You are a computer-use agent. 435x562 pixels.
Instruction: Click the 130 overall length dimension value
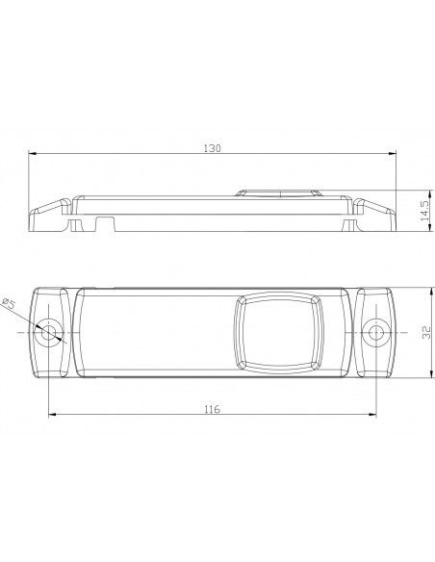(212, 148)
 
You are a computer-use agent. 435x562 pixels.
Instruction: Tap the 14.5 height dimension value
(425, 211)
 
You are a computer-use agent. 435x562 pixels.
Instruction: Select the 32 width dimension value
(426, 332)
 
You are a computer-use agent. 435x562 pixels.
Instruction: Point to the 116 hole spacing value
(212, 409)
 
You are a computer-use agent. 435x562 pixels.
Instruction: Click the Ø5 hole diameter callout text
(9, 303)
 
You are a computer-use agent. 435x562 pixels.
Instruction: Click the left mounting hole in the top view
(48, 333)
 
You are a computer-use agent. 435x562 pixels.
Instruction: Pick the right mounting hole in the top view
(376, 333)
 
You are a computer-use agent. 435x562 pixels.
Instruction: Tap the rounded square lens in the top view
(279, 333)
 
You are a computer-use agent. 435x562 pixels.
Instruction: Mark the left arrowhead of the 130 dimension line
(32, 153)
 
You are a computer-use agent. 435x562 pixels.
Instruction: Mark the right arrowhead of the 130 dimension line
(393, 153)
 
